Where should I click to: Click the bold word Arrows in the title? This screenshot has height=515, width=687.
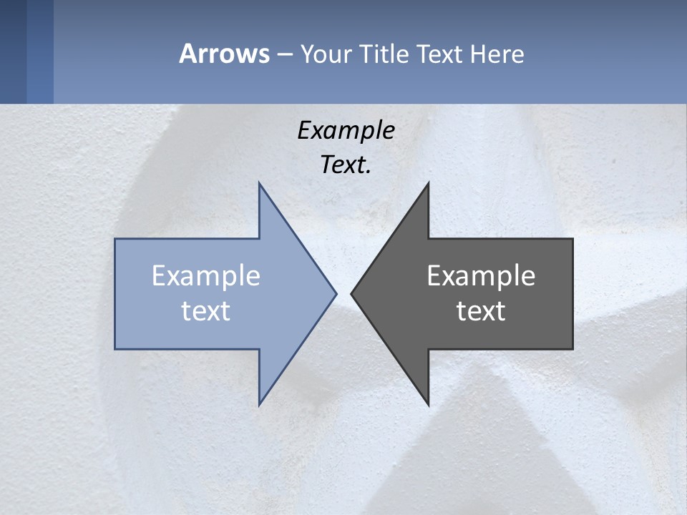224,54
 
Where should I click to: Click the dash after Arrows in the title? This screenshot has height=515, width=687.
285,55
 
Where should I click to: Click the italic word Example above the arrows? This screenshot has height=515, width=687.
346,130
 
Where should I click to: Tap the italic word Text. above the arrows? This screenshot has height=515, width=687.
346,165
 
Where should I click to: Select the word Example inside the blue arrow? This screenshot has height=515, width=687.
206,276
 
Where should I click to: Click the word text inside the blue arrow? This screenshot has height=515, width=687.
206,310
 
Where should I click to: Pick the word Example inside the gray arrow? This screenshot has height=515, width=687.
481,276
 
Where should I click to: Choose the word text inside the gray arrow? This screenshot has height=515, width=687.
481,310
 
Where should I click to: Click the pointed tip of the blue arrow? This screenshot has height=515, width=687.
336,293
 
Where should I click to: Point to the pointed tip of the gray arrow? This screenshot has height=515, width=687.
352,293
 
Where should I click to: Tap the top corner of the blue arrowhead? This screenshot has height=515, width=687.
260,184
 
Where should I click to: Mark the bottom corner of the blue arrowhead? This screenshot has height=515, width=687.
260,403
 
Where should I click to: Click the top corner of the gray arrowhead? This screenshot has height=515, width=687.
428,184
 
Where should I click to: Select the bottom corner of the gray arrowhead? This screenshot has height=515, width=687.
428,403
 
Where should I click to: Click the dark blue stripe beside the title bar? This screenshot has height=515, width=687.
13,51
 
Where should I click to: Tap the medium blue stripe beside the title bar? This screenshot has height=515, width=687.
40,51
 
